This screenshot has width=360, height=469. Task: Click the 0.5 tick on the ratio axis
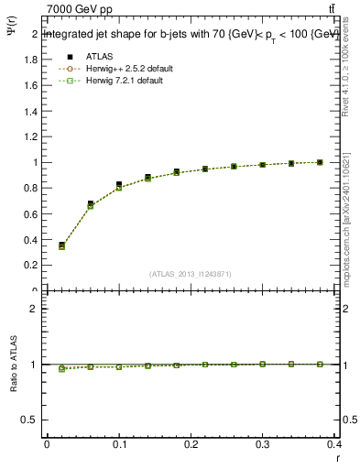point(29,420)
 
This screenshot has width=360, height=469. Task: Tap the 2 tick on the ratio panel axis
point(33,309)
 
